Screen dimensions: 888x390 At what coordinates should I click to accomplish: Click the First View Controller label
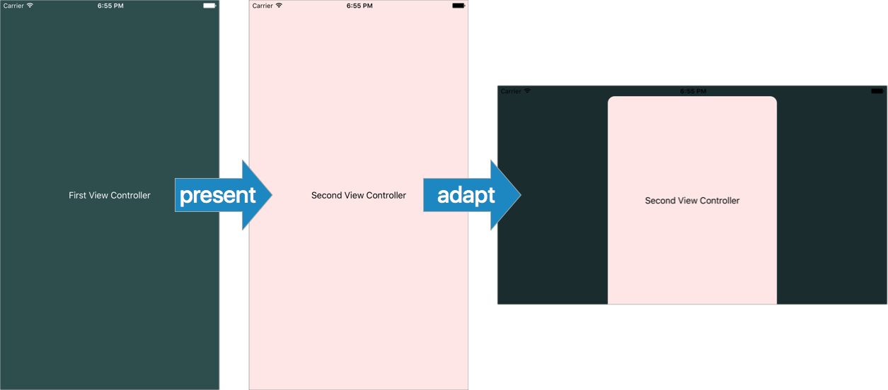110,195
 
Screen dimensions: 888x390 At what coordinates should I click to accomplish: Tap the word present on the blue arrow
218,196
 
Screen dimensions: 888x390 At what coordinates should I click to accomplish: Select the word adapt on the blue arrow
466,196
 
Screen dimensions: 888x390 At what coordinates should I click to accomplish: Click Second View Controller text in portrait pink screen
358,195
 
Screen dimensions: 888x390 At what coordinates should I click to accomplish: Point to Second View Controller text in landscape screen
692,201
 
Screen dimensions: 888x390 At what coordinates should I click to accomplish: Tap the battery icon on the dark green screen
209,6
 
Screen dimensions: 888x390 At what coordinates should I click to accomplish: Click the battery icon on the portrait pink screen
459,6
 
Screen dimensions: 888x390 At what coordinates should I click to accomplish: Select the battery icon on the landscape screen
877,91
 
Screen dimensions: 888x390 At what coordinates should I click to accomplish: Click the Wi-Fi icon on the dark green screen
30,5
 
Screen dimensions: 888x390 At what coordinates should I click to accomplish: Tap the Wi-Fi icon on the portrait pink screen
279,5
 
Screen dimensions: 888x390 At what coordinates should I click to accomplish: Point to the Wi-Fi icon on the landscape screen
527,90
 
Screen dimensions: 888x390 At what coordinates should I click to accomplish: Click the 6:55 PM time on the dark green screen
110,6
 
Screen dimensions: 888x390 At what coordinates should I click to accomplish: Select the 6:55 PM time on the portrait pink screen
359,6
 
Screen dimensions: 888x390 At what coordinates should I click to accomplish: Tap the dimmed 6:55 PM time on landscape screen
693,91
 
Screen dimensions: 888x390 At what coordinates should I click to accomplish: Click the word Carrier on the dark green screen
13,6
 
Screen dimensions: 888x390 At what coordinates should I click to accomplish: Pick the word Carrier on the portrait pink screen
263,6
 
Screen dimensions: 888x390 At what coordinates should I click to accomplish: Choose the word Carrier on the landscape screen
511,91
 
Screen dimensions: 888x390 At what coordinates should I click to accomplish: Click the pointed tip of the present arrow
272,195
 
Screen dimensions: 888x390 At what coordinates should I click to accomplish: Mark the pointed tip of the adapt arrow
521,195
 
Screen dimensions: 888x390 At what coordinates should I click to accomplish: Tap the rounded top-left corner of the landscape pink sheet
611,99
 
